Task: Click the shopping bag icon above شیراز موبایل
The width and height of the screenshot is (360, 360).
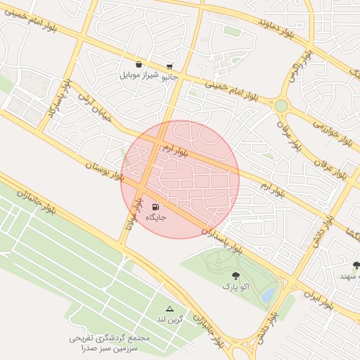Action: pos(139,64)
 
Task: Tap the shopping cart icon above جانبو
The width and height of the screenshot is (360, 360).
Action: pos(169,66)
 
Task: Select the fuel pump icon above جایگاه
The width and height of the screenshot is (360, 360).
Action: pos(155,207)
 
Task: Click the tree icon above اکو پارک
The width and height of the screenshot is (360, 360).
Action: pos(235,276)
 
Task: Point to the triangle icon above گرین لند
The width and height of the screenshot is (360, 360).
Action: pos(169,309)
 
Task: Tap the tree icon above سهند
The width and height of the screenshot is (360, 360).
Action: pos(356,265)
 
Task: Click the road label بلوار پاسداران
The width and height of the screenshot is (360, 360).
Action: pos(222,238)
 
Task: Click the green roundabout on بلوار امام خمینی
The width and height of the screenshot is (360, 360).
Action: pos(281,105)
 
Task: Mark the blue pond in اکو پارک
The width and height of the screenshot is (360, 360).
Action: pos(268,297)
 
